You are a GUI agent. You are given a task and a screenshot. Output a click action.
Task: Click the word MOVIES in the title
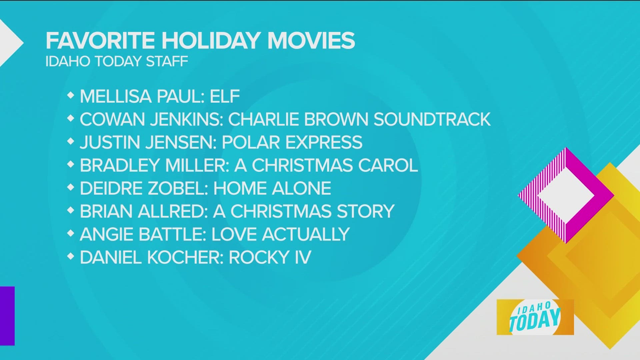pyautogui.click(x=311, y=40)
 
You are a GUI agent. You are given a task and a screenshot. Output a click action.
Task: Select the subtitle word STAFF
pyautogui.click(x=167, y=61)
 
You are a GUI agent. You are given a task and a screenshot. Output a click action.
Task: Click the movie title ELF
pyautogui.click(x=225, y=96)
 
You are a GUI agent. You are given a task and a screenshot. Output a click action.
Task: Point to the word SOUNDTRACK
pyautogui.click(x=432, y=119)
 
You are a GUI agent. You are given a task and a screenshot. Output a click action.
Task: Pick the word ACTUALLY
pyautogui.click(x=306, y=234)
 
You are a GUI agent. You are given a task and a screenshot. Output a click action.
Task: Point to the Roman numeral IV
pyautogui.click(x=303, y=257)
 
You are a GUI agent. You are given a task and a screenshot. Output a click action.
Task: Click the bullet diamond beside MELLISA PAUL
pyautogui.click(x=70, y=96)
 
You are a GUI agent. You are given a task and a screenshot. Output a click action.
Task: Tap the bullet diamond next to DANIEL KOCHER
pyautogui.click(x=70, y=256)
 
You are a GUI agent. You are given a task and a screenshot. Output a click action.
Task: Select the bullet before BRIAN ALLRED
pyautogui.click(x=70, y=211)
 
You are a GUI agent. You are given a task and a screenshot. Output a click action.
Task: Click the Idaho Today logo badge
pyautogui.click(x=535, y=317)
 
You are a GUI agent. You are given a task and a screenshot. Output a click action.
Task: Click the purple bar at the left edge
pyautogui.click(x=7, y=316)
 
